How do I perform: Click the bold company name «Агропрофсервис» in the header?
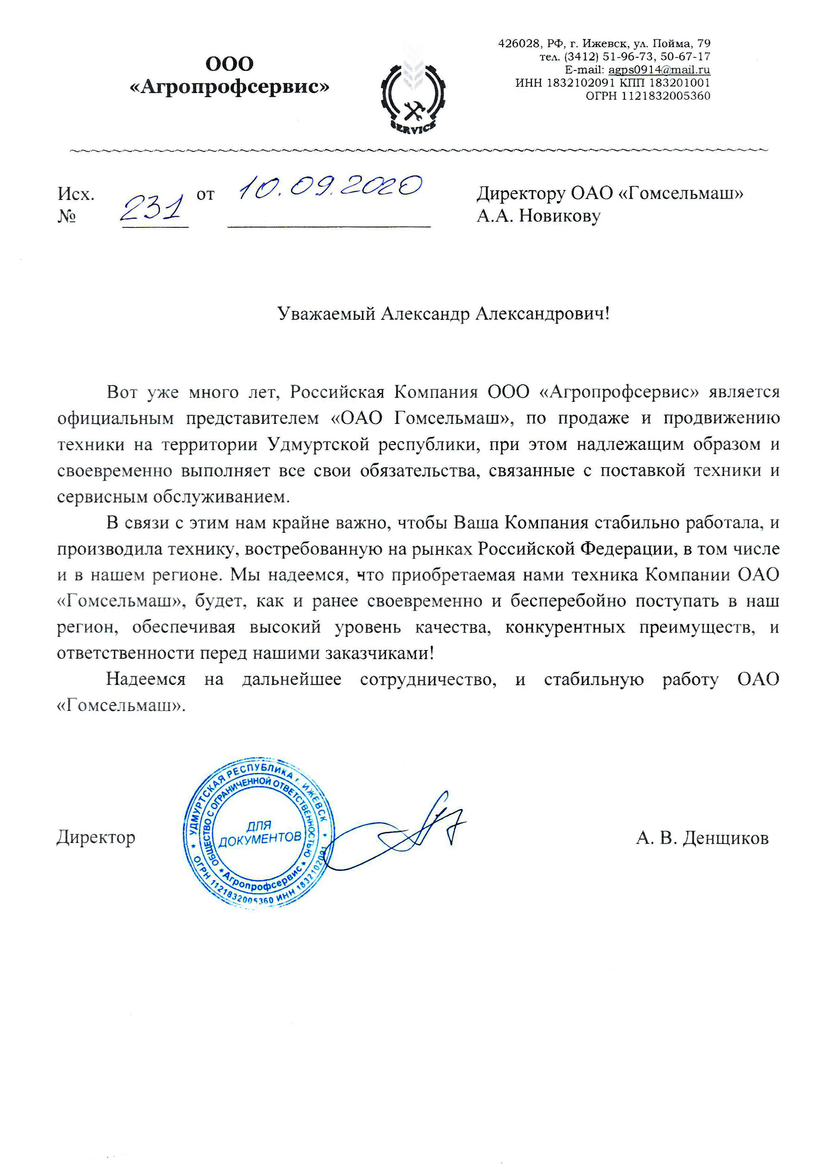click(230, 87)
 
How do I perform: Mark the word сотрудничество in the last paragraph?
click(428, 680)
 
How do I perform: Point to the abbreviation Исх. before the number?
click(76, 194)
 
